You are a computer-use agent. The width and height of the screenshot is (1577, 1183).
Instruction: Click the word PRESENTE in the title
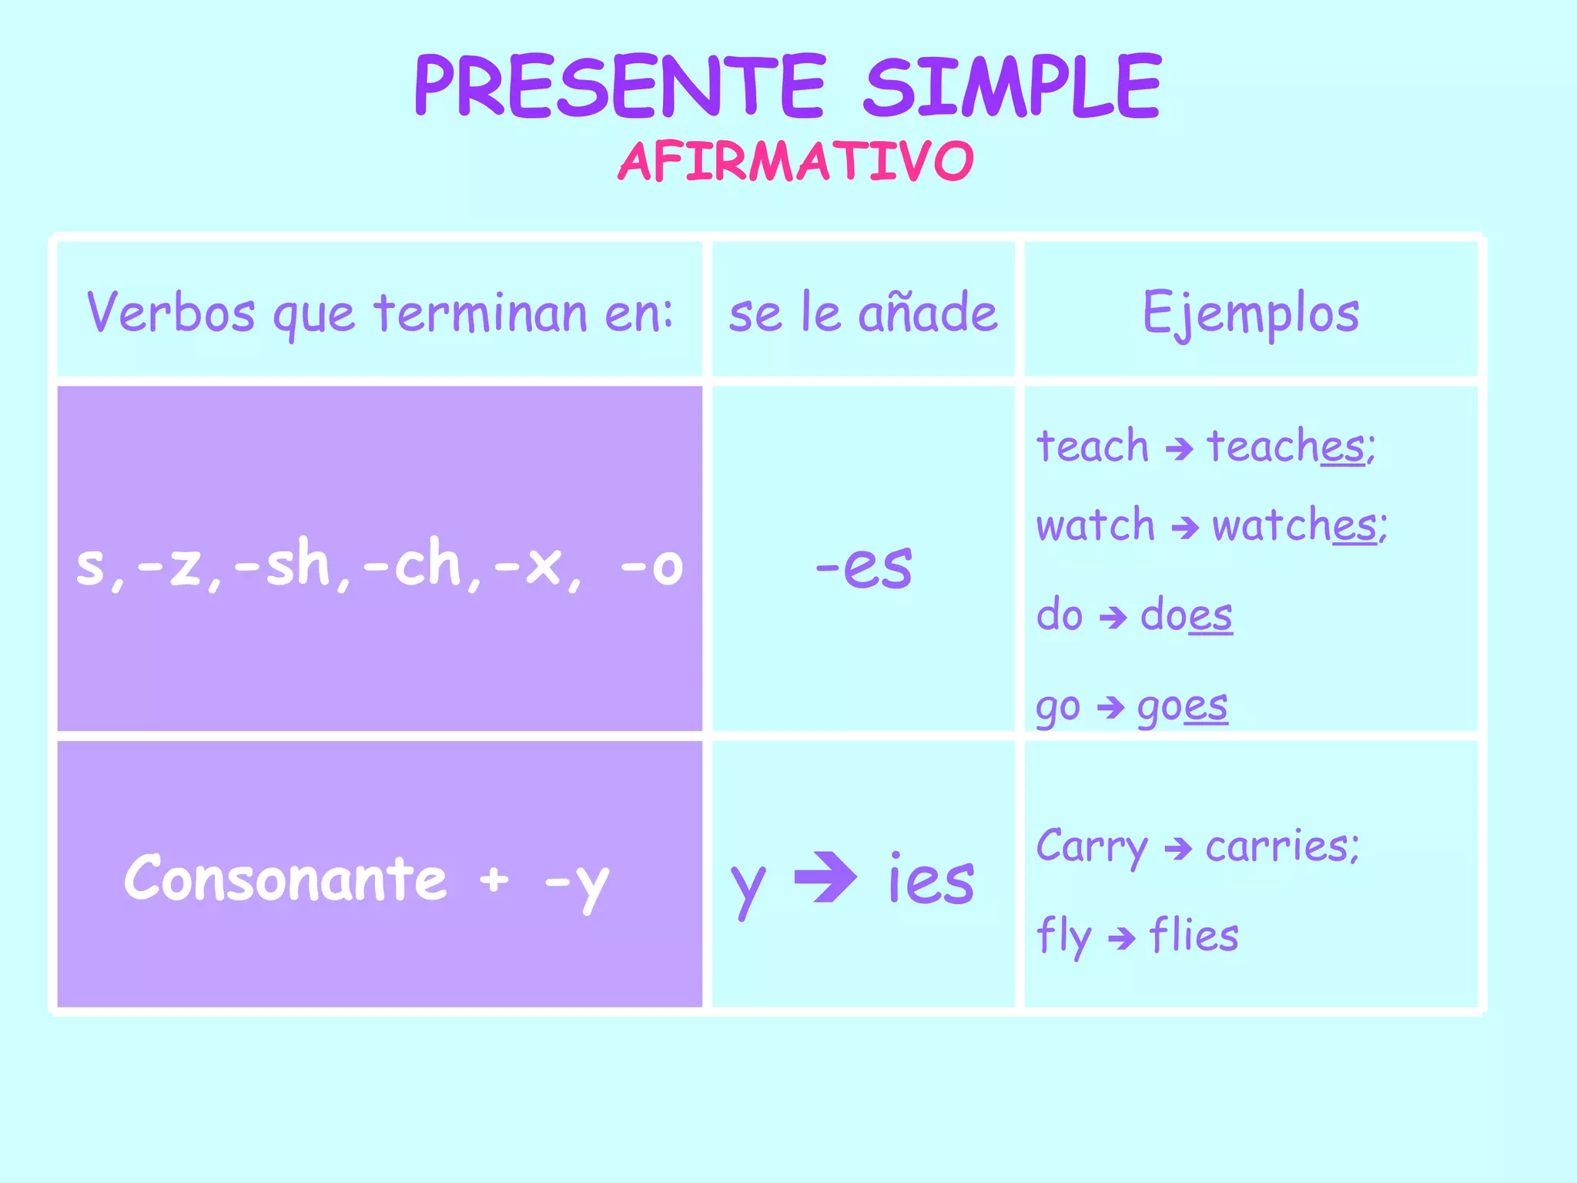[x=620, y=86]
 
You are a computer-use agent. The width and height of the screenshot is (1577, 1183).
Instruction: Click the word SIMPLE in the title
[x=1012, y=86]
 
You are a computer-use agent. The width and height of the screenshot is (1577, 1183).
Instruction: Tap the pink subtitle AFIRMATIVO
[x=796, y=162]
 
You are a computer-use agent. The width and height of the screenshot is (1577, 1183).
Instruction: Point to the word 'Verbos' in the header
[x=171, y=313]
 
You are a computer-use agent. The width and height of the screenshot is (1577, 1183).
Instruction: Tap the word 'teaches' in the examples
[x=1290, y=447]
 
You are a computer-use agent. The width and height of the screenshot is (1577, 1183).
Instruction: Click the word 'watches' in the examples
[x=1298, y=526]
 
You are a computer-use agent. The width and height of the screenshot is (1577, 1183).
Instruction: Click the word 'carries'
[x=1281, y=846]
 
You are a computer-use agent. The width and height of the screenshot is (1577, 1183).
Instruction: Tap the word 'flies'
[x=1194, y=936]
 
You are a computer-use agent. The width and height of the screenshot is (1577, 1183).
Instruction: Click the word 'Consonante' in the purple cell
[x=286, y=878]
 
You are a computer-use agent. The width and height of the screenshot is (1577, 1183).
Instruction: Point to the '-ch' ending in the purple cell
[x=412, y=565]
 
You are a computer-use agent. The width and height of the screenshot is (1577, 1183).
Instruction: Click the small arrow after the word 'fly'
[x=1121, y=938]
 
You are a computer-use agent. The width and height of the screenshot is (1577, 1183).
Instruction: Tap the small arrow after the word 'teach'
[x=1179, y=448]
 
